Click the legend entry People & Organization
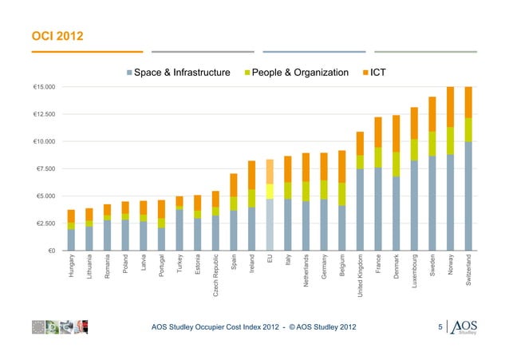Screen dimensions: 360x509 tap(299, 73)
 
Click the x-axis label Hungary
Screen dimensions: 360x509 tap(72, 267)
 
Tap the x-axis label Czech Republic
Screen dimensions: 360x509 tap(215, 278)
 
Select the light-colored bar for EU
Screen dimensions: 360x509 tap(270, 216)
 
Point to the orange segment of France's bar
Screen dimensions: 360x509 tap(378, 132)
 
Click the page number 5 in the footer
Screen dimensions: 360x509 tap(440, 327)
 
